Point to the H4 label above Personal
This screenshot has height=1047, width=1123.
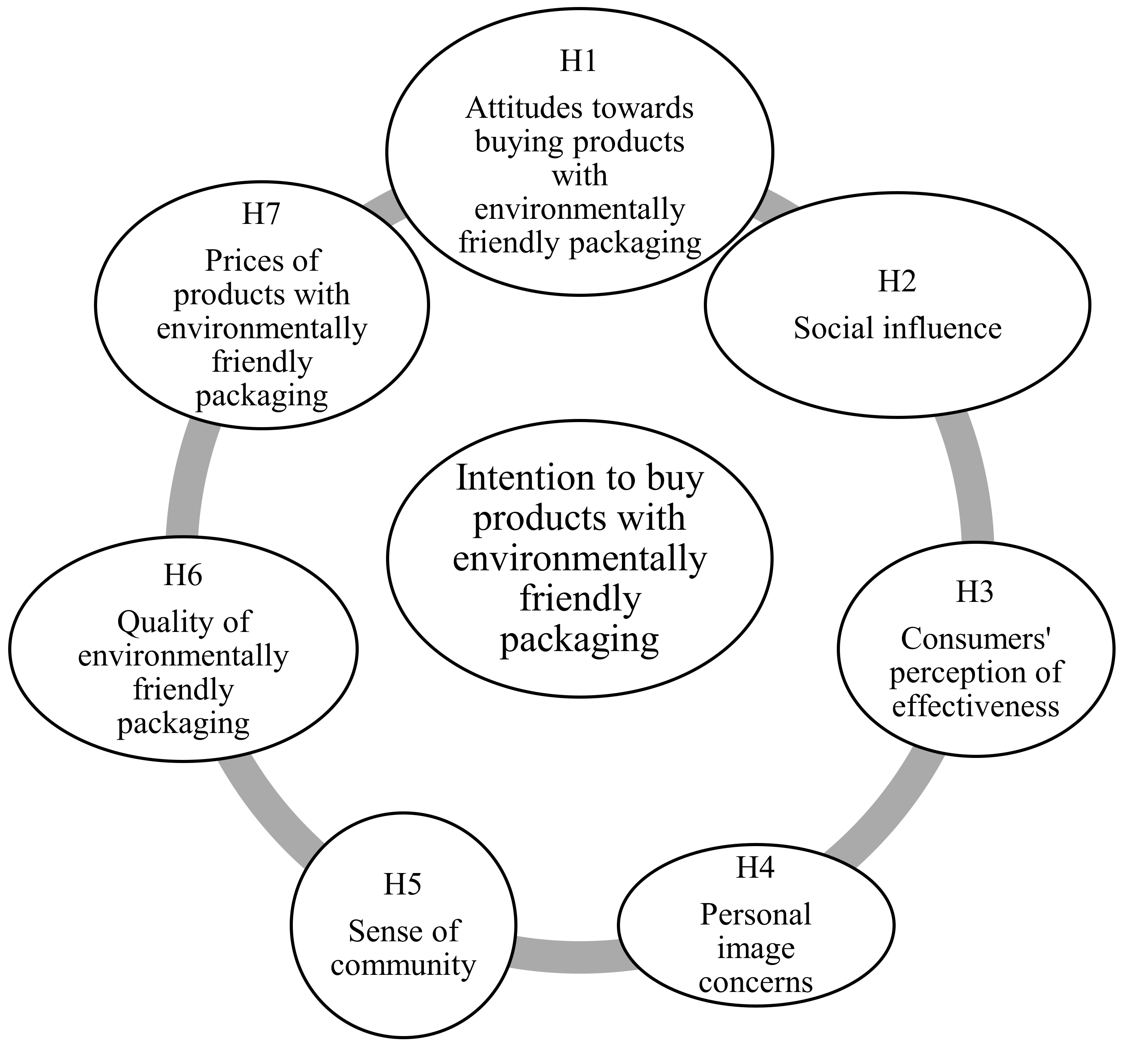coord(755,867)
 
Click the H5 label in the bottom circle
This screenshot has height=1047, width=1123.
coord(403,885)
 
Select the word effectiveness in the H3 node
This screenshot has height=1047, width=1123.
coord(975,707)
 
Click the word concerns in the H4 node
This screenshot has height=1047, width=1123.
coord(755,983)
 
